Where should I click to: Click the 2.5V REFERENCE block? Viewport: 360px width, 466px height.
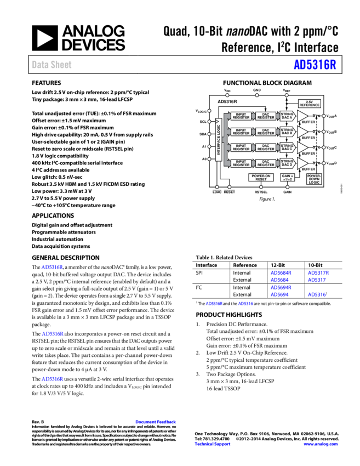309,104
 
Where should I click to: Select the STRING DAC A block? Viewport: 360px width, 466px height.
287,116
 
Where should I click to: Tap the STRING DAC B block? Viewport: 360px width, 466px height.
287,132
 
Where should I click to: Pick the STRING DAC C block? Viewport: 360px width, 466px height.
287,147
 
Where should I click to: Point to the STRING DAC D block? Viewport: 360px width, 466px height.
287,163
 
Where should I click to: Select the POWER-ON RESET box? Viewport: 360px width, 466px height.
261,178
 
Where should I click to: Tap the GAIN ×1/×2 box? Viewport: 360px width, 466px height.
287,178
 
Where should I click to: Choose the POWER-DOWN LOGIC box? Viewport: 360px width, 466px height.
314,179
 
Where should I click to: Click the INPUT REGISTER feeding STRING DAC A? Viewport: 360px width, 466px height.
241,116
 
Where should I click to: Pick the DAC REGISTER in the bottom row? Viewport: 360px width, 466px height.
266,163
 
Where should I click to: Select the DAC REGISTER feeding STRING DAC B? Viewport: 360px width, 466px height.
266,132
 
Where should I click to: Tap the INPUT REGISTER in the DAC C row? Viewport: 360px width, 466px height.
241,147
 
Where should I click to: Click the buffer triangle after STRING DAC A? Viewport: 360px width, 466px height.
302,116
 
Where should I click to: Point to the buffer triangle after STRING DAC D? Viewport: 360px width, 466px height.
302,163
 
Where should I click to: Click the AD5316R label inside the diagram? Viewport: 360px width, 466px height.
227,101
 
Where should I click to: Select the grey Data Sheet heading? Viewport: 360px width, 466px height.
52,65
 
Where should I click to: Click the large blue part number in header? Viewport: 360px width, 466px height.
315,65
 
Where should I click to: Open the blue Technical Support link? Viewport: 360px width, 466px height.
213,444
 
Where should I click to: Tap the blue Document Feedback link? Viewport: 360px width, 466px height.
156,422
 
